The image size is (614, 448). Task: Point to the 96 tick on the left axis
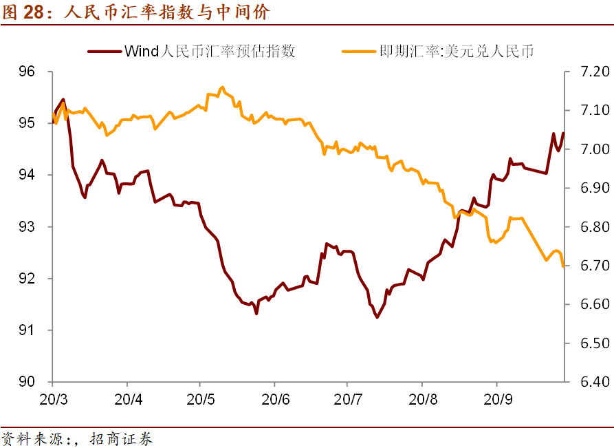[x=35, y=72]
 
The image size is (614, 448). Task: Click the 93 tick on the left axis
[x=35, y=226]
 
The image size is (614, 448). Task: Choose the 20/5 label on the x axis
[x=199, y=399]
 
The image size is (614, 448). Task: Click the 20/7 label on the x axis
[x=347, y=399]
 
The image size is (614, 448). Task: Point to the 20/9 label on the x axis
[x=496, y=399]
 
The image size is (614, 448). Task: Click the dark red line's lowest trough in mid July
[x=377, y=317]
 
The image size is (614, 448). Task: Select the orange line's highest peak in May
[x=222, y=87]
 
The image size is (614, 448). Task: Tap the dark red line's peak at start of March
[x=63, y=100]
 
